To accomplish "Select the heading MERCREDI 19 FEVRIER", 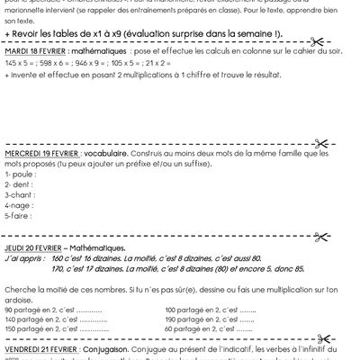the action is pos(47,154).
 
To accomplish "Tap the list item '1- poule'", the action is pos(20,173).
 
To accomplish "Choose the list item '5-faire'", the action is pos(19,216).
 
